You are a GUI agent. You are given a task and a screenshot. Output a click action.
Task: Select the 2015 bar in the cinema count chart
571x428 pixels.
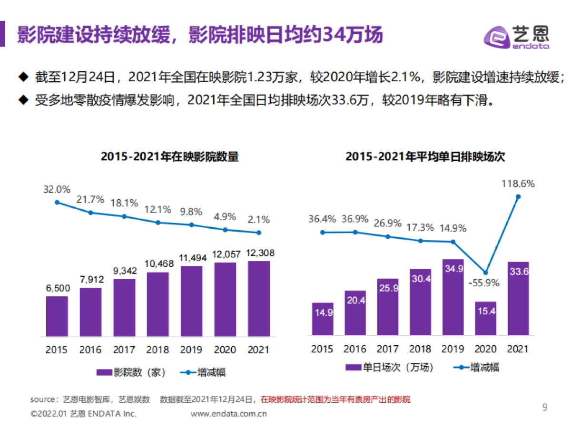tap(57, 316)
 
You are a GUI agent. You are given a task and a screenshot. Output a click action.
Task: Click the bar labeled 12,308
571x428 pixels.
tap(259, 298)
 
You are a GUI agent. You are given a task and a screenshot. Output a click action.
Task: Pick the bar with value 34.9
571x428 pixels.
tap(453, 297)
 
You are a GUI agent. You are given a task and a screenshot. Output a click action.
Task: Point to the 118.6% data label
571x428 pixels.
tap(518, 184)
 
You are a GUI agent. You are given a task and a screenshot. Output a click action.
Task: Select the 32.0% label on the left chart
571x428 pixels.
tap(57, 189)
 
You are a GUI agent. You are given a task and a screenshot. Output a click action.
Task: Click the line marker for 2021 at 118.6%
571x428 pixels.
tap(518, 196)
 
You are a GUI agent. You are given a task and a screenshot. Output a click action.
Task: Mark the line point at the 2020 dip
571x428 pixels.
tap(485, 272)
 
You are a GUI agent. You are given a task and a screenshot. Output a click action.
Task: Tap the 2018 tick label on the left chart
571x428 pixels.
tap(158, 350)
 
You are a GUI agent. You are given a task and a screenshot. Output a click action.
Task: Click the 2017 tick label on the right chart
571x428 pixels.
tap(388, 349)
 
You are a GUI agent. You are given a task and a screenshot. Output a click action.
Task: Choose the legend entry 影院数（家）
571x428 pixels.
tap(131, 372)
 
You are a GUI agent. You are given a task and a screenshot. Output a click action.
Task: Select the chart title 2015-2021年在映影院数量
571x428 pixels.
tap(170, 157)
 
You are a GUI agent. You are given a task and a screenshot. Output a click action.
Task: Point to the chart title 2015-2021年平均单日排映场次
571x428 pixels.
tap(425, 157)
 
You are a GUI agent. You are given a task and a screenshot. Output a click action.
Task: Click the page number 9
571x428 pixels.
tap(545, 407)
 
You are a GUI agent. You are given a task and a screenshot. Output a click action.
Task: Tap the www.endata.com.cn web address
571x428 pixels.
tap(229, 414)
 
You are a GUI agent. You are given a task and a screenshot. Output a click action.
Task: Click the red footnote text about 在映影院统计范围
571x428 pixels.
tap(335, 399)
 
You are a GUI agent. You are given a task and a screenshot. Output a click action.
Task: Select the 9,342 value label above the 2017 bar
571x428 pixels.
tap(125, 271)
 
